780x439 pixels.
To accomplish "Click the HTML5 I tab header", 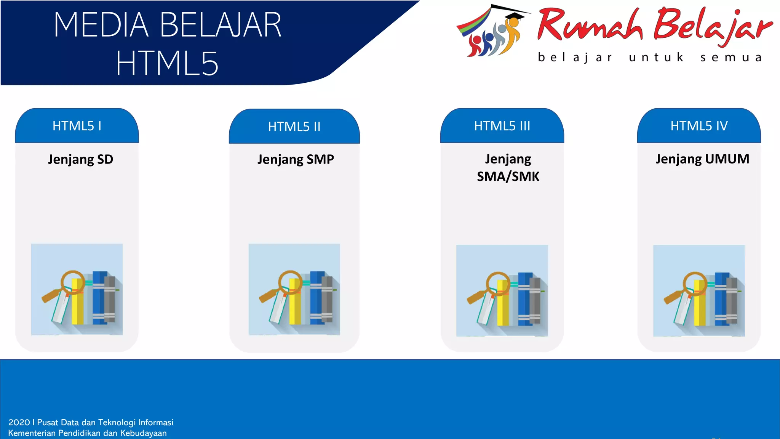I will [x=77, y=126].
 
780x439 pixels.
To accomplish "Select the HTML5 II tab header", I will [x=294, y=127].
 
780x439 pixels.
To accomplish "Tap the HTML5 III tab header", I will [x=502, y=126].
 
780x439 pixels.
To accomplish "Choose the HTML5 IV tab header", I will [x=699, y=126].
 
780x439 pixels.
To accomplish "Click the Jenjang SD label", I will [x=80, y=159].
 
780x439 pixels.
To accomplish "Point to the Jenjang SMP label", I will [x=296, y=159].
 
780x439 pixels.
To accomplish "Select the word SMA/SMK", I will [x=508, y=176].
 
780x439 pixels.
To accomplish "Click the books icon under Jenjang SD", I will [x=77, y=290].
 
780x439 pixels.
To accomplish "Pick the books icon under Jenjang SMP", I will [x=294, y=290].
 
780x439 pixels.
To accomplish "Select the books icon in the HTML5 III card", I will [x=502, y=291].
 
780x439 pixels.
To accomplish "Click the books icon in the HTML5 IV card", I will [x=699, y=291].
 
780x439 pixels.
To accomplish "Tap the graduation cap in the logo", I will [x=514, y=15].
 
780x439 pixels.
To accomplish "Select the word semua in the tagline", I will [x=731, y=58].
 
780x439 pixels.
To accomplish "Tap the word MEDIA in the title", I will [x=101, y=25].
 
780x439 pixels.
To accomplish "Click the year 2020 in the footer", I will [x=19, y=422].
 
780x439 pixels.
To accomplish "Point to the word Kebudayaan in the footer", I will [x=143, y=433].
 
